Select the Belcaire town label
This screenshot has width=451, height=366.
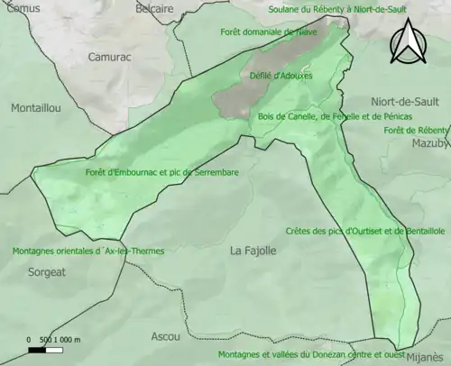(130, 8)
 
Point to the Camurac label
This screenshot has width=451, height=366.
(110, 56)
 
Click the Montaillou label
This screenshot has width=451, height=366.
(36, 107)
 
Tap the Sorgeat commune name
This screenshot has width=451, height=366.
(47, 270)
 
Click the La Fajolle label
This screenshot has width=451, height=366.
(253, 250)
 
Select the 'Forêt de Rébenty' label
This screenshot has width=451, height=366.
(416, 130)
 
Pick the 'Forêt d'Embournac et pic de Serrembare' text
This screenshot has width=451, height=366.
(150, 172)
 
